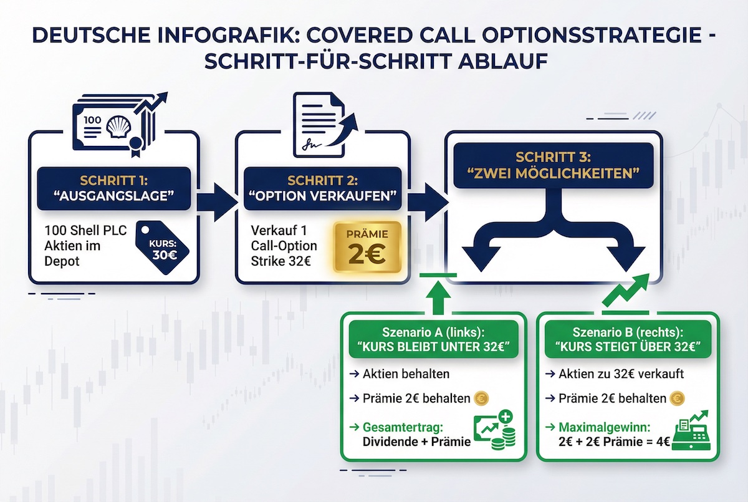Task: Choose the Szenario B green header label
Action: coord(628,339)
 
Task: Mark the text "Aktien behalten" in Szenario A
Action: coord(405,374)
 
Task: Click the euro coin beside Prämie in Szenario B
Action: coord(678,398)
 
